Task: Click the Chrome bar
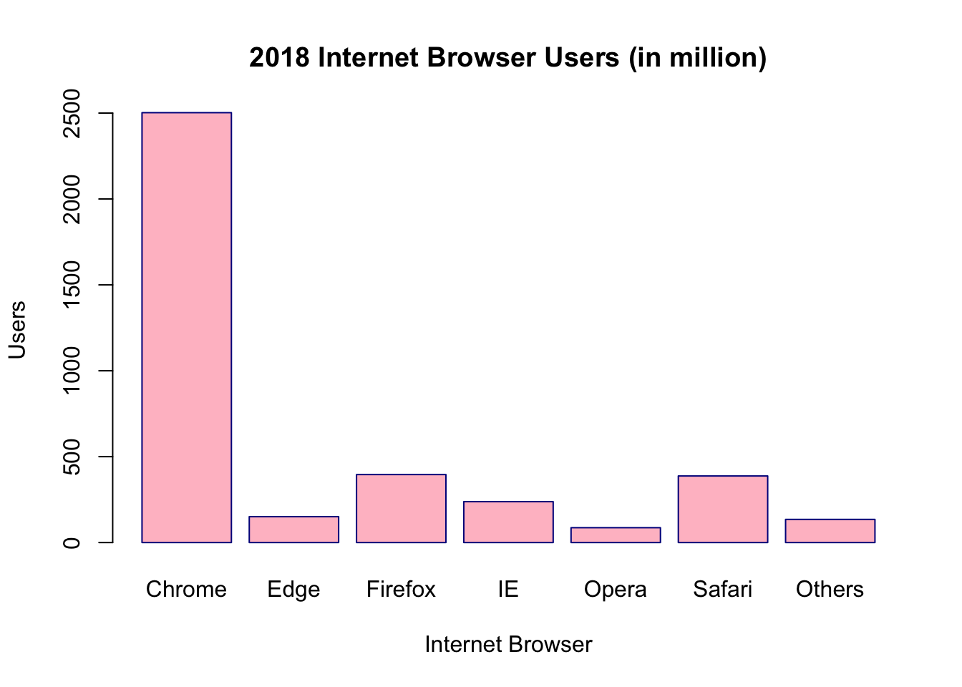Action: [186, 327]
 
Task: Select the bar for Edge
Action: [293, 530]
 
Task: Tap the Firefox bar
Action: [401, 508]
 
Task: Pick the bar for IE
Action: [508, 522]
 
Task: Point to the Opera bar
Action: [616, 535]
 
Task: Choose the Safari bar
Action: [723, 509]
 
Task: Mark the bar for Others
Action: [830, 530]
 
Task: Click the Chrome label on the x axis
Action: [186, 590]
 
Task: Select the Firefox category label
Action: [401, 590]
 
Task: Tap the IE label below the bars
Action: [508, 590]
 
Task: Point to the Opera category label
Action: [616, 590]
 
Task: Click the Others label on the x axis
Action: [830, 590]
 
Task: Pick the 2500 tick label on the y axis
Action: [72, 113]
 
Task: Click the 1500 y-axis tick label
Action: [72, 285]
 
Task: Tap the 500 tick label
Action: [72, 457]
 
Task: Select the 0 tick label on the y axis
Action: [72, 542]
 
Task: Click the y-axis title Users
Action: [17, 329]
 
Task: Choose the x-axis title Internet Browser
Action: [508, 645]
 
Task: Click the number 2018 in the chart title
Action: [280, 58]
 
